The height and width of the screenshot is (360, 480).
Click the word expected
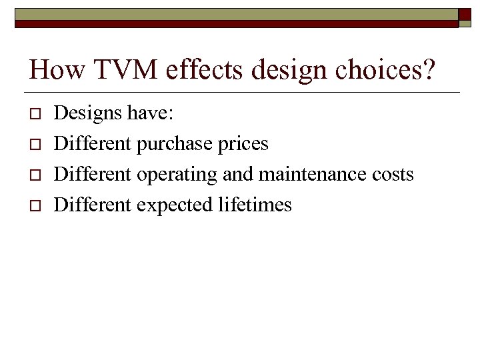coord(175,205)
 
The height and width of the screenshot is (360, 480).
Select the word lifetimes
coord(255,205)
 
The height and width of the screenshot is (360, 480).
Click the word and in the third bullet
coord(237,175)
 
